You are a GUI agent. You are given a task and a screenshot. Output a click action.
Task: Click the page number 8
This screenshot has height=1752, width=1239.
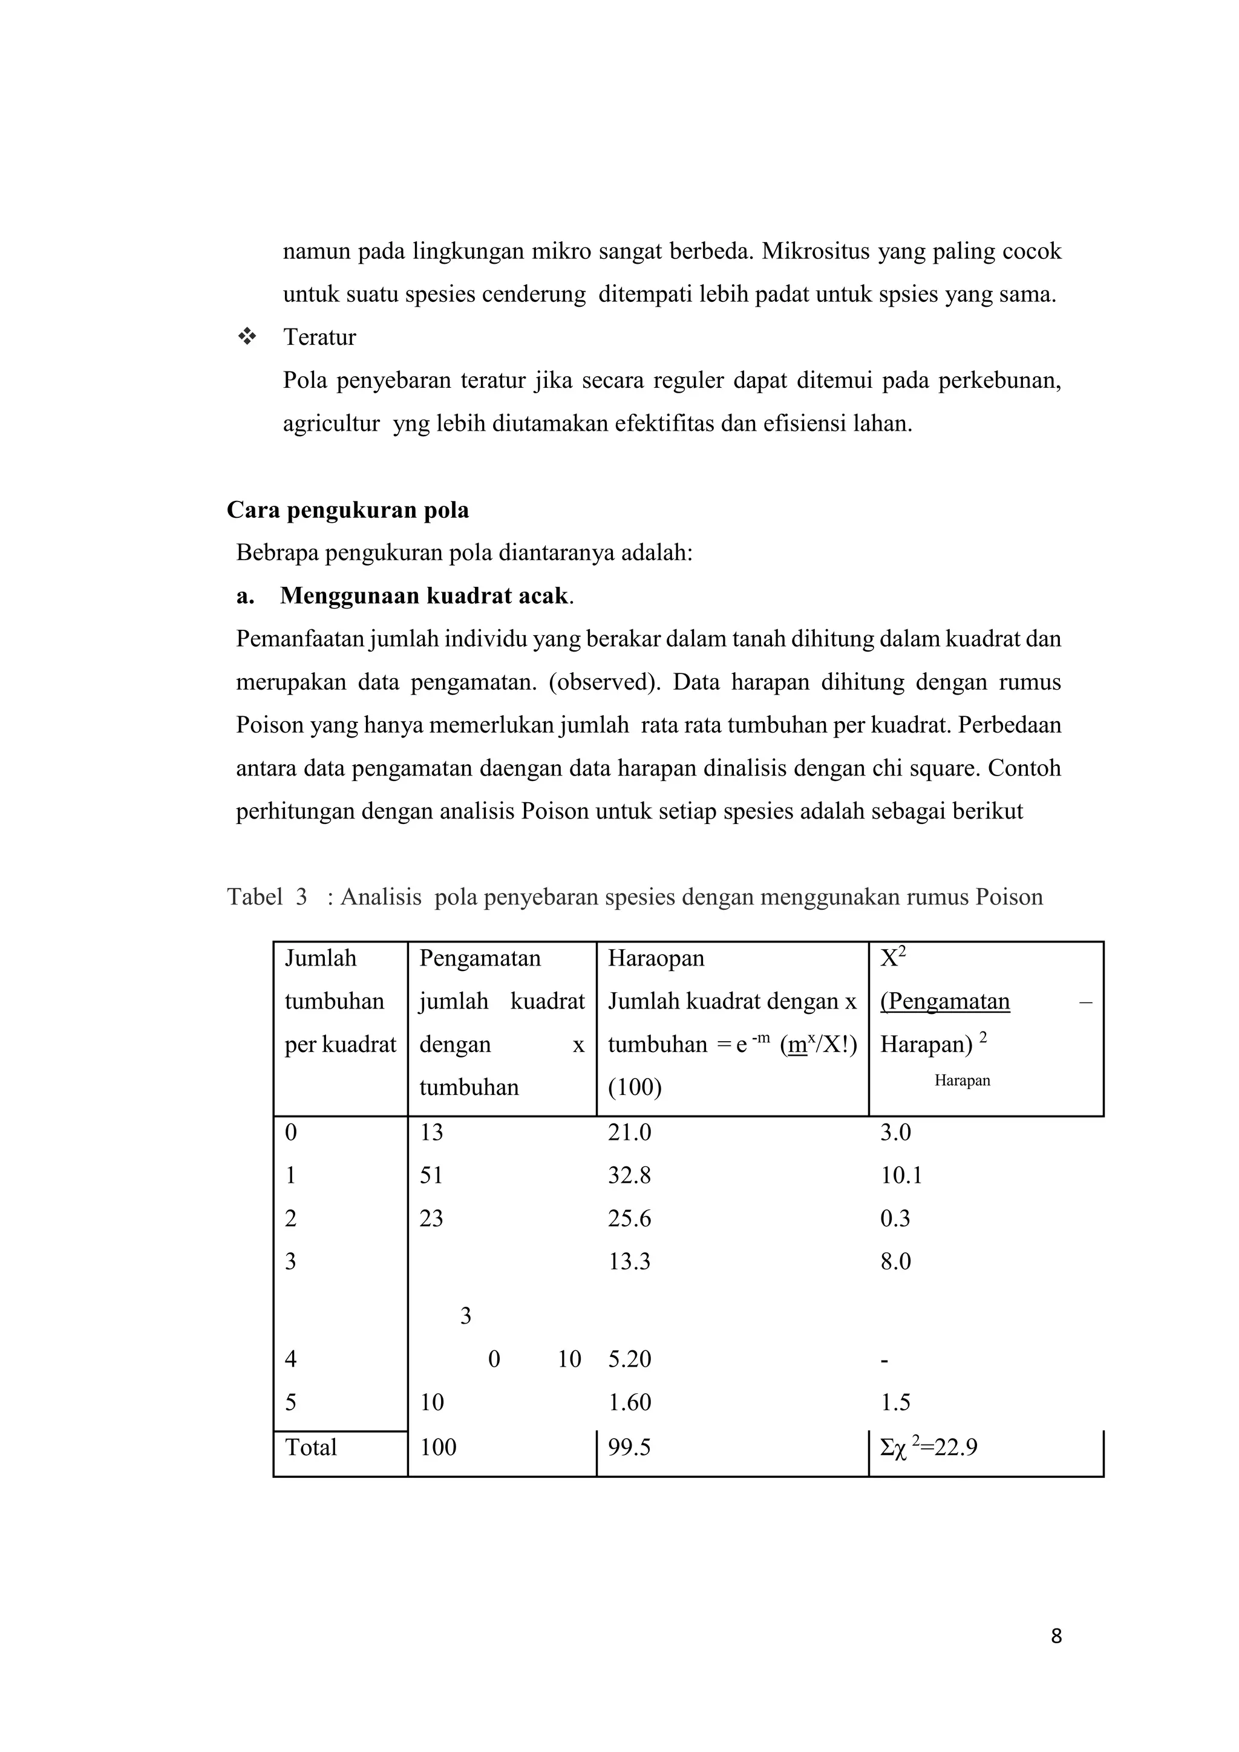[1056, 1636]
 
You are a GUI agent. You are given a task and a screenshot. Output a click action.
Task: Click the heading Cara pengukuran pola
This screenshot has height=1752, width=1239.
[348, 510]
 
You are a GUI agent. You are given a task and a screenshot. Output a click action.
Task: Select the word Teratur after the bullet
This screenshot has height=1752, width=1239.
[319, 338]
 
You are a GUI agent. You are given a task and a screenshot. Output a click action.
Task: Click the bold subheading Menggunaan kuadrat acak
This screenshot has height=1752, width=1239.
[423, 596]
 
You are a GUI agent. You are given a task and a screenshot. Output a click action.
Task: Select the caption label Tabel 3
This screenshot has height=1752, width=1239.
[267, 897]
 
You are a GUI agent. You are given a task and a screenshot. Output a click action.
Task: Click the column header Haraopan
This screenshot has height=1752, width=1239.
[656, 958]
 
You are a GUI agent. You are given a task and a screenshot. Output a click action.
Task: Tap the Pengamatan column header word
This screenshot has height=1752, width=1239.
[480, 958]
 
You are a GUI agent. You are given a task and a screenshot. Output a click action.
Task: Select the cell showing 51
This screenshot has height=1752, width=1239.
[431, 1175]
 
